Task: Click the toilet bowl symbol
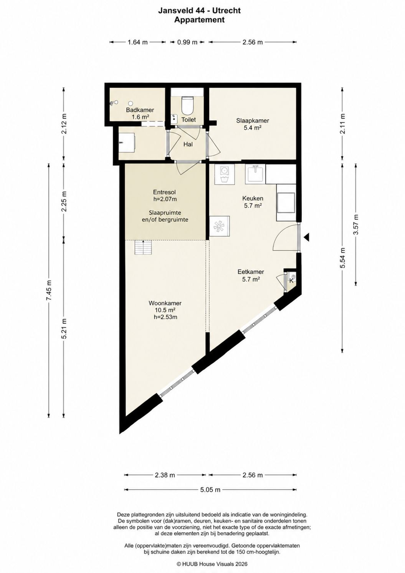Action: [x=187, y=105]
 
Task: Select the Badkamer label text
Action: [x=140, y=110]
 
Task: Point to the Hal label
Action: [x=188, y=144]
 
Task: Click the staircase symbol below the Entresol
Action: [x=144, y=247]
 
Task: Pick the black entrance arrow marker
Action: [x=307, y=237]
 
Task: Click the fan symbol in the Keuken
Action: [x=219, y=226]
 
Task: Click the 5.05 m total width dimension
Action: [x=210, y=490]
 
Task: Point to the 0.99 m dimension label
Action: [x=187, y=42]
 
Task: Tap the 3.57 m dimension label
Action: [x=356, y=224]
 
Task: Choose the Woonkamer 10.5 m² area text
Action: [x=165, y=310]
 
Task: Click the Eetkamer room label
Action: [x=251, y=272]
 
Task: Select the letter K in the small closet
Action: [x=291, y=281]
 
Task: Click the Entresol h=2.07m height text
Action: [x=165, y=199]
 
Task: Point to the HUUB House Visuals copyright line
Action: [x=212, y=564]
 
